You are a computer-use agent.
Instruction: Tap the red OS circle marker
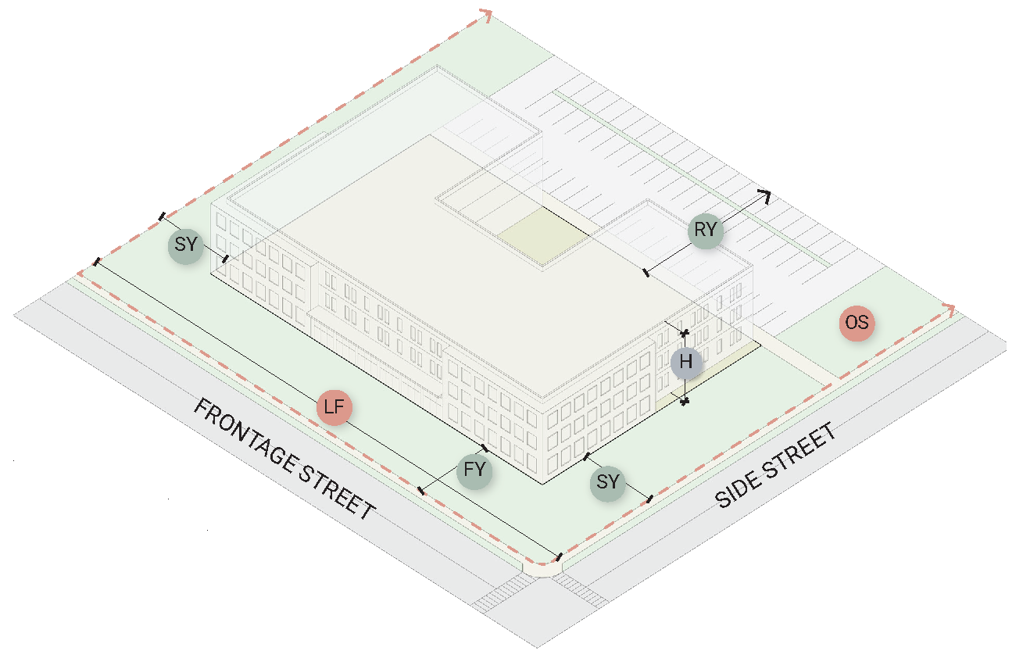coord(857,323)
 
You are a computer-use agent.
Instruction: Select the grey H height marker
coord(686,363)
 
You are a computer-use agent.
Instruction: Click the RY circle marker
coord(706,231)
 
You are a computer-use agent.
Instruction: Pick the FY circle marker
coord(474,470)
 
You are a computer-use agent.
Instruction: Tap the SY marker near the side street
coord(607,482)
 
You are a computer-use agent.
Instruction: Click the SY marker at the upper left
coord(185,245)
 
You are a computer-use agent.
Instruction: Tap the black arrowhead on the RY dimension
coord(765,195)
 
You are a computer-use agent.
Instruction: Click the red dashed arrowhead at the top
coord(486,16)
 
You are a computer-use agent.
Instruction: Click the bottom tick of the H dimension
coord(685,402)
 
